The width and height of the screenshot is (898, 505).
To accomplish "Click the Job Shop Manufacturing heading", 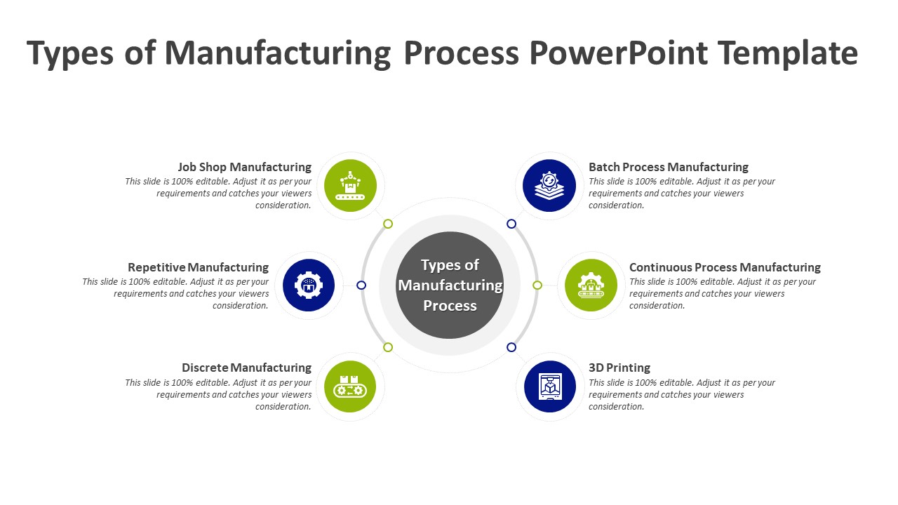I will coord(244,167).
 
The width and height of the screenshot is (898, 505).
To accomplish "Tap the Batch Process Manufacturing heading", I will coord(668,167).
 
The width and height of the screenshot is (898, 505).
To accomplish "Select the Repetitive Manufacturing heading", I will coord(198,267).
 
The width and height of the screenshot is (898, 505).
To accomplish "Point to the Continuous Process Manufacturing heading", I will coord(725,267).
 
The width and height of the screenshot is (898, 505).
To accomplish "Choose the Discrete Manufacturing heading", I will coord(246,368).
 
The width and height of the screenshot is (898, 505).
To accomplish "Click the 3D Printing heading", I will coord(619,368).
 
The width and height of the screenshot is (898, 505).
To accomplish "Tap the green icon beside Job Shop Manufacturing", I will coord(350,186).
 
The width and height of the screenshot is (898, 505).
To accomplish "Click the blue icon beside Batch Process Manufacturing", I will coord(549,186).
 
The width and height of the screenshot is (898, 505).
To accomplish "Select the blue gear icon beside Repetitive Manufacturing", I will coord(309,285).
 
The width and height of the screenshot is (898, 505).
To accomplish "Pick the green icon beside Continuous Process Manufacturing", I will coord(591,285).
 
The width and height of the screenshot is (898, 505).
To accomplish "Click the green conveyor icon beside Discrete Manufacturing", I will coord(350,386).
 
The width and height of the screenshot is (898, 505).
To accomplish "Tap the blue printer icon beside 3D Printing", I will coord(549,386).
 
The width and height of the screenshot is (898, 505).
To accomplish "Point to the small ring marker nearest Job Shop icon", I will coord(388,224).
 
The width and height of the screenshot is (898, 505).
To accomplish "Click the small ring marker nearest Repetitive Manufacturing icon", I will coord(361,285).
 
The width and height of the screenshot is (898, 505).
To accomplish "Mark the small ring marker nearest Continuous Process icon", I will coord(537,285).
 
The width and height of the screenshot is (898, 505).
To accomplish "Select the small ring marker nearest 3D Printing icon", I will coord(511,347).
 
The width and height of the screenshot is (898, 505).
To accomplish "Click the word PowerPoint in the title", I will coord(618,53).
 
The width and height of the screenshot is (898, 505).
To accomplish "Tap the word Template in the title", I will coord(788,53).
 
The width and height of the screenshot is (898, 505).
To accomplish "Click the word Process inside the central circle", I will coord(450,306).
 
